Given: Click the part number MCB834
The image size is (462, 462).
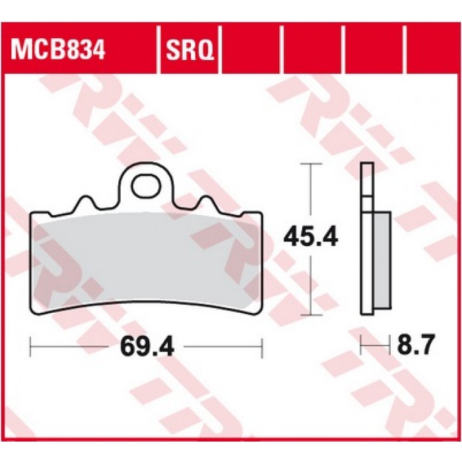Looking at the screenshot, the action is tap(58, 49).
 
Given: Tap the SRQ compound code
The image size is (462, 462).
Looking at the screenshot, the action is tap(190, 50).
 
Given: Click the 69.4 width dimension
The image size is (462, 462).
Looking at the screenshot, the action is tap(147, 346).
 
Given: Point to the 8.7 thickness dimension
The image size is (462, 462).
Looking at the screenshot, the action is tap(416, 345).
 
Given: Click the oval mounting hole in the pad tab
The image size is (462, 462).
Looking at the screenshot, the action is tap(147, 185).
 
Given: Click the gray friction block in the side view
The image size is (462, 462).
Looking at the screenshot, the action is tap(382, 260).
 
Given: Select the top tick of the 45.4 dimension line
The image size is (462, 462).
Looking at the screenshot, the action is tap(311, 163).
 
